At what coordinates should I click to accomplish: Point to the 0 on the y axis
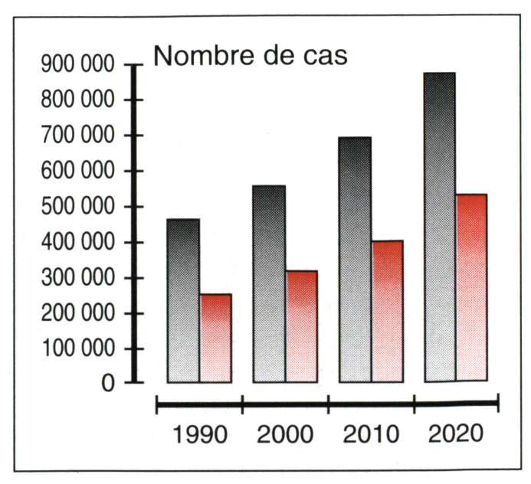coord(107,383)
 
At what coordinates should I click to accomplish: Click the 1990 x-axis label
coord(200,435)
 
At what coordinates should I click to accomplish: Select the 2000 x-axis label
coord(286,435)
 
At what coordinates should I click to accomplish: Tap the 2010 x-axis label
coord(372,435)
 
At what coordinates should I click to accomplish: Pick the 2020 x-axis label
coord(456,434)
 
